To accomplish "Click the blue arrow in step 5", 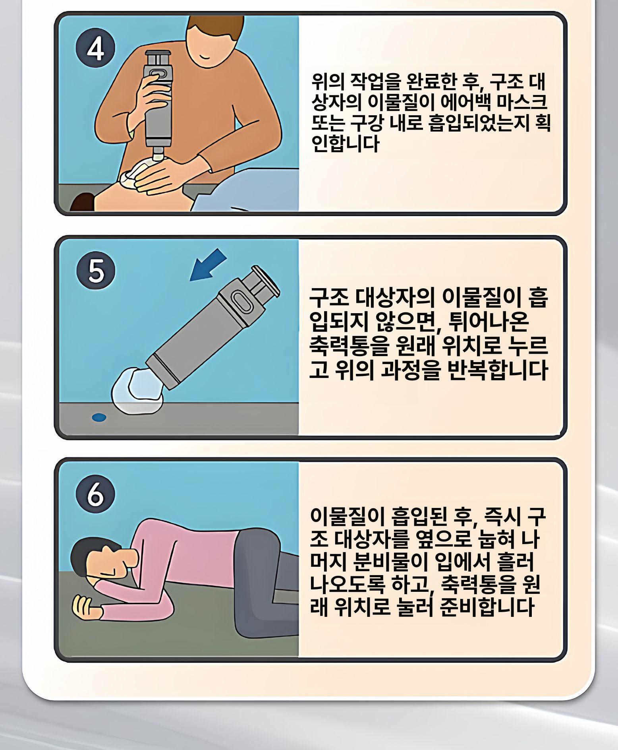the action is click(x=208, y=265).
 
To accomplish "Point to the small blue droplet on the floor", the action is click(x=99, y=418).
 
